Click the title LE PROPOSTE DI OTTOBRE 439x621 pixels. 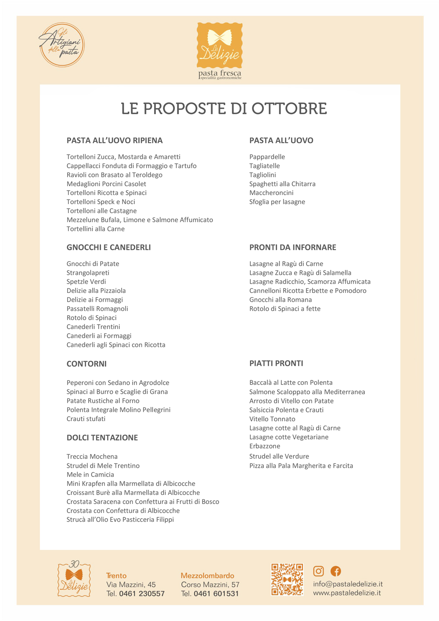(224, 108)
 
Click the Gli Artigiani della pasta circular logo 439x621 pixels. (61, 45)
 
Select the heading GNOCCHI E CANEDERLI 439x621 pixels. (108, 247)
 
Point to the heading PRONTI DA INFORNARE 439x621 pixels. (292, 247)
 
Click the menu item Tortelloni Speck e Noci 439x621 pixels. (101, 202)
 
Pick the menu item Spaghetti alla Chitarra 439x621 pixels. (282, 184)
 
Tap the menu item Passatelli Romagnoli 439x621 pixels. (97, 308)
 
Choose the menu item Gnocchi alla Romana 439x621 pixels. (281, 300)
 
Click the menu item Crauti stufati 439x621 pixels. (86, 419)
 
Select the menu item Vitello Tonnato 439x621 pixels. (272, 419)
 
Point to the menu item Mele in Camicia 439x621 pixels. (90, 474)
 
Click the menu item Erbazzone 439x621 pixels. (265, 446)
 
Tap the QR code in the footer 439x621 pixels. (287, 580)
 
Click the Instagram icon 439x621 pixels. (318, 571)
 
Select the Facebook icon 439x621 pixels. (335, 571)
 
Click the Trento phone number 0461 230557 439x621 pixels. (141, 594)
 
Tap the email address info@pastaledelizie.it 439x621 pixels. (348, 584)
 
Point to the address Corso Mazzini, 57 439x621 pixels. (210, 585)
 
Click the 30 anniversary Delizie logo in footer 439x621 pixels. (74, 578)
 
